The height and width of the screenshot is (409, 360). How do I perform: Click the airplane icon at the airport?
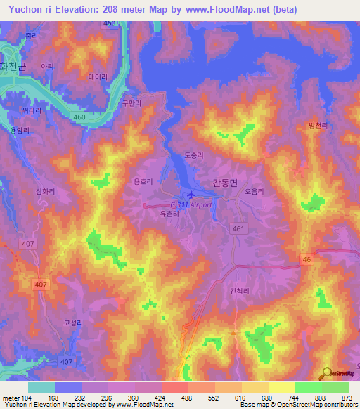[x=192, y=195]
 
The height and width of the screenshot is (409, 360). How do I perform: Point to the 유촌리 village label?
[x=170, y=214]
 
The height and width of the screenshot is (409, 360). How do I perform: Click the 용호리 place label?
[x=143, y=181]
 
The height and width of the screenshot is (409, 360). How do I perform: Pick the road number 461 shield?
[x=238, y=228]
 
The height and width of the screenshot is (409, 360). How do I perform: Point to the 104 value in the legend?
[x=28, y=397]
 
